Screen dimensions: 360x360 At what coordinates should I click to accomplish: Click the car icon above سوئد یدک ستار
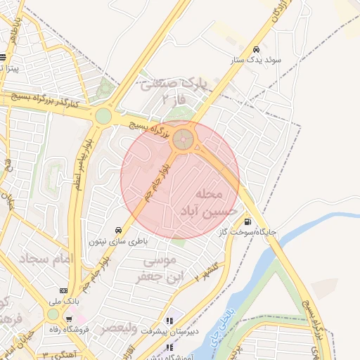pos(257,49)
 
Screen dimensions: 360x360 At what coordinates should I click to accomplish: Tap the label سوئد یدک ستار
pos(257,60)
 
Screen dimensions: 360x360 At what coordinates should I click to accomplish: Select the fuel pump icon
pos(247,222)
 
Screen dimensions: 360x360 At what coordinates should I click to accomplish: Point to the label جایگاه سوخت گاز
pos(247,231)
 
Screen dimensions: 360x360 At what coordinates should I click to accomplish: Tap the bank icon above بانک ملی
pos(64,290)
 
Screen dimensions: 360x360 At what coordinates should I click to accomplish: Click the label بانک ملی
pos(63,300)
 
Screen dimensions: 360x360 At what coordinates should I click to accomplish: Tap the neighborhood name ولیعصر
pos(115,328)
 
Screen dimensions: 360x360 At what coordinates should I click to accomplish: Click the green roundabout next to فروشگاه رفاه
pos(53,314)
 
